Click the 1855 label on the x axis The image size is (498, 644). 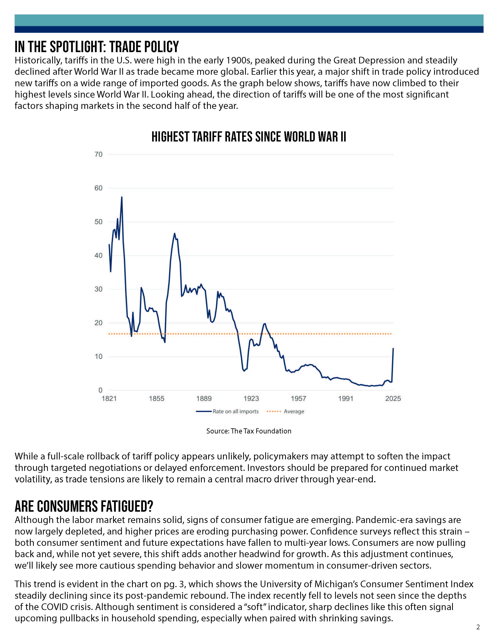156,399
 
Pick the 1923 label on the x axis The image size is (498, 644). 251,399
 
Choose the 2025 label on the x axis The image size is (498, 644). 393,399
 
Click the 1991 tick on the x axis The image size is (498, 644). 346,399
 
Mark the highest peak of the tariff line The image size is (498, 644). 121,197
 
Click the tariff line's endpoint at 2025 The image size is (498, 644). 393,349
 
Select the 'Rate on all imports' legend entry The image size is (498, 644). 227,411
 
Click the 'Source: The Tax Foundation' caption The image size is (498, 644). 249,431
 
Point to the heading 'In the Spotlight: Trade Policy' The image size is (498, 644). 97,47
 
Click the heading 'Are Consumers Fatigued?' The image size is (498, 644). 84,506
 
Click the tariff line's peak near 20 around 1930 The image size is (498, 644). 265,324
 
